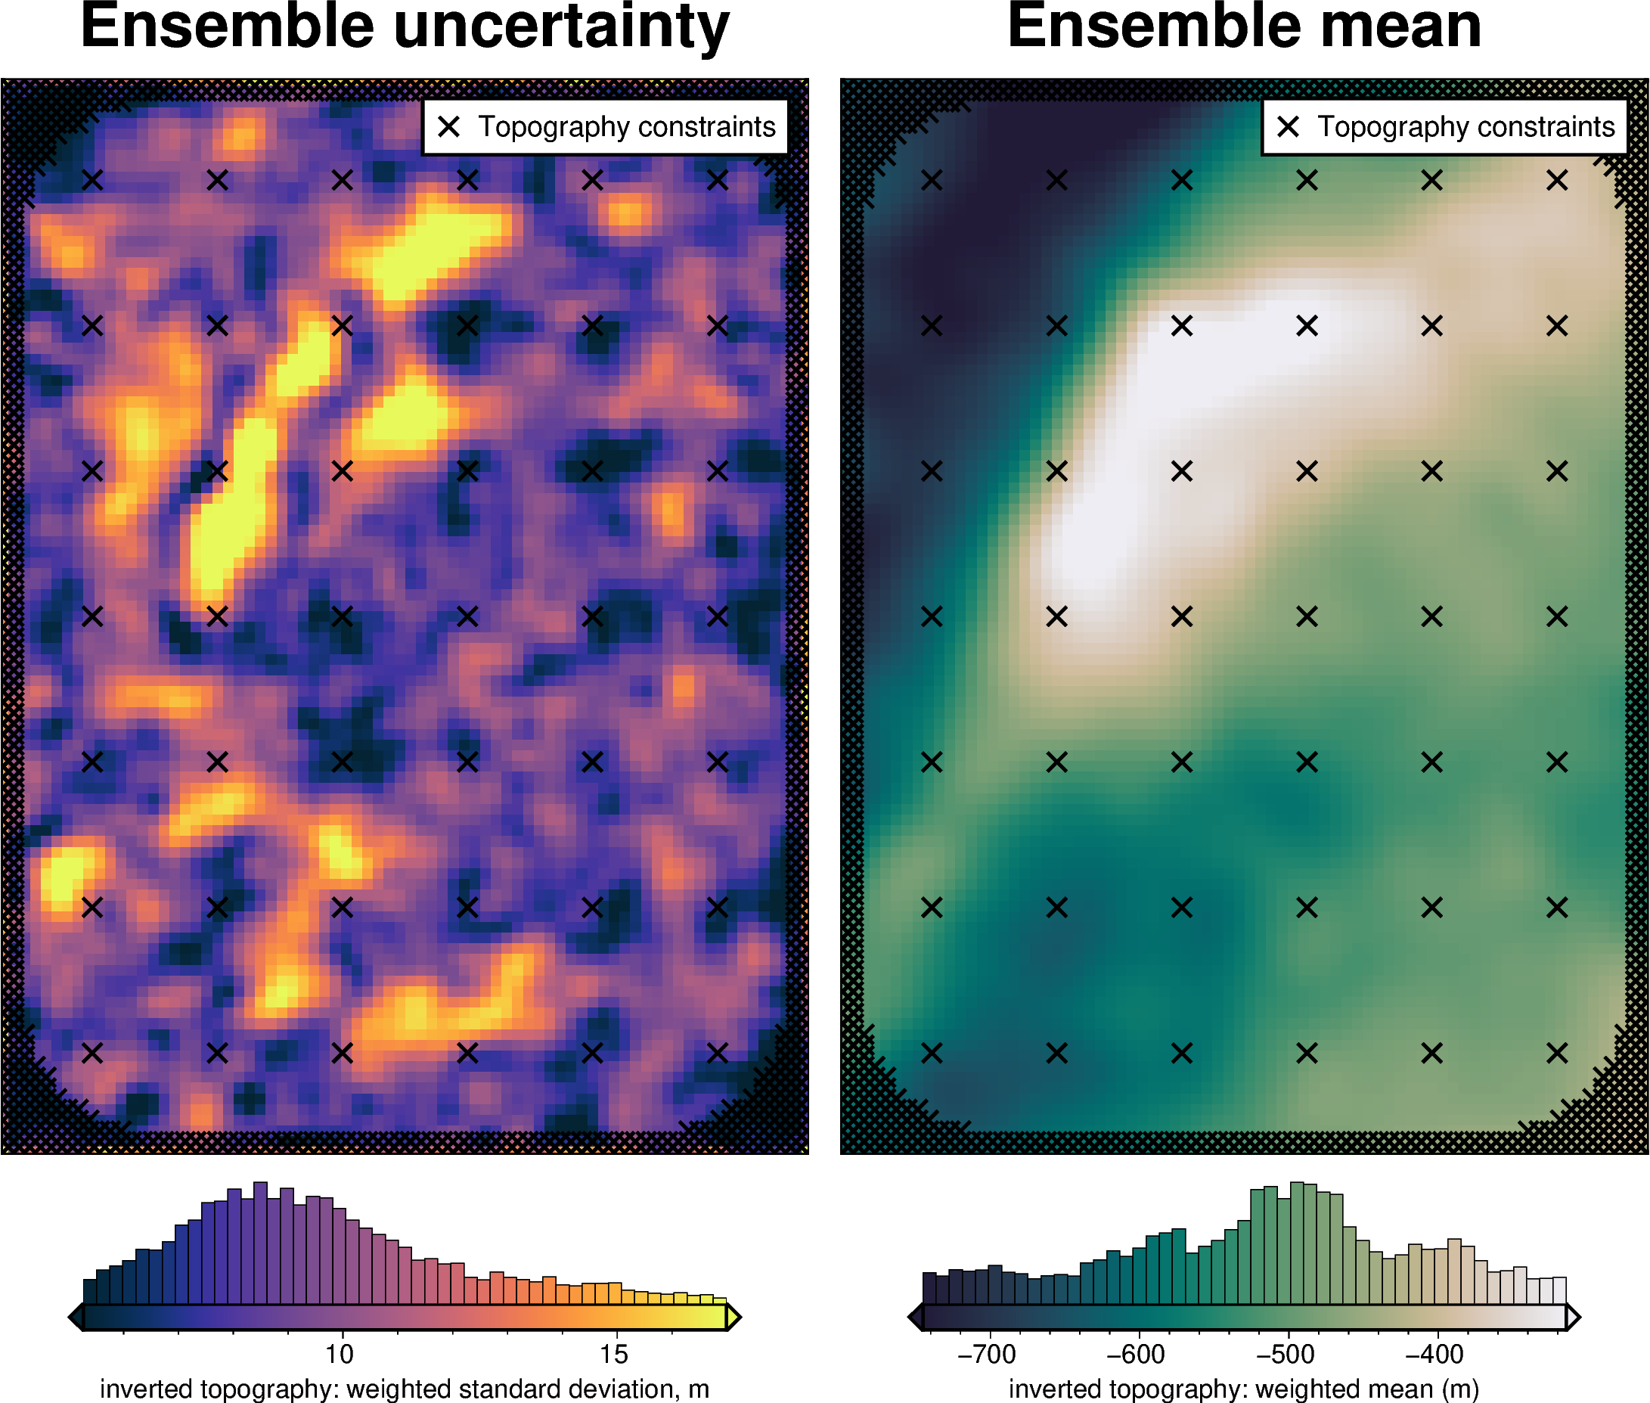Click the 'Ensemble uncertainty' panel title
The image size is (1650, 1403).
pos(405,27)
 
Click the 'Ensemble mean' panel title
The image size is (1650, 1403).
pos(1244,27)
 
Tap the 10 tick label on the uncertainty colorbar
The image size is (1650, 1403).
pos(340,1353)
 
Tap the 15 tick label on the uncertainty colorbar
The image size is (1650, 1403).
pos(614,1353)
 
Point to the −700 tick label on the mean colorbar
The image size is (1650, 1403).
pos(986,1353)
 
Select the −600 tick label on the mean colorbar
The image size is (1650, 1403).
pos(1136,1353)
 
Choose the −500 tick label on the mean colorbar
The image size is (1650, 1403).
pos(1285,1353)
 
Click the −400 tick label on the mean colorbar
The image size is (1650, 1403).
pos(1434,1353)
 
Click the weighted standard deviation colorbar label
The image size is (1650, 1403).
pos(404,1389)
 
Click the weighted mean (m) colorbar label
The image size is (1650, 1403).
pos(1244,1389)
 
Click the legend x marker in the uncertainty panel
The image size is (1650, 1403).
pos(449,126)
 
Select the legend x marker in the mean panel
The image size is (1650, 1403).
pos(1289,126)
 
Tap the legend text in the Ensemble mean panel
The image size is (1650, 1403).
pos(1465,126)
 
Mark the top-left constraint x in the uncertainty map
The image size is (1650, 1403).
pos(92,181)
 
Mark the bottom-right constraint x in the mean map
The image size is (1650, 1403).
pos(1557,1053)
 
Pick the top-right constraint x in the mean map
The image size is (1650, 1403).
pos(1557,181)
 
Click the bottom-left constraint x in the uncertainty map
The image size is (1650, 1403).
pos(92,1053)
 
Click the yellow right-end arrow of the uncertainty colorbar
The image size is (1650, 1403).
pos(734,1317)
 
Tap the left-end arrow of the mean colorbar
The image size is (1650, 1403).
pos(915,1317)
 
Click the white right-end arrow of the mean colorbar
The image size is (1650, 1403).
pos(1572,1317)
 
